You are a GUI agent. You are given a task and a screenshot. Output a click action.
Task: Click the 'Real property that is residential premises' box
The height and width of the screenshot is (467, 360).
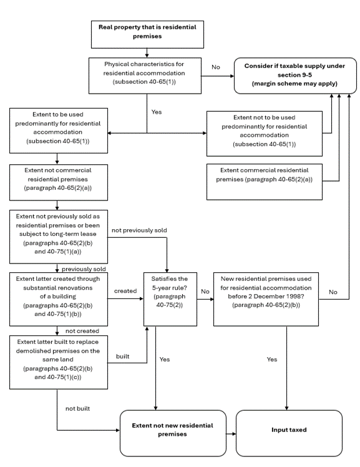[147, 34]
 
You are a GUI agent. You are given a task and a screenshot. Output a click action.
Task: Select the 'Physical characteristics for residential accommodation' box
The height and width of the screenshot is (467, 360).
[145, 76]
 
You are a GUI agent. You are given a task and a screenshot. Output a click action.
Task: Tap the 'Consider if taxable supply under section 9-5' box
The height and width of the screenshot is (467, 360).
[295, 76]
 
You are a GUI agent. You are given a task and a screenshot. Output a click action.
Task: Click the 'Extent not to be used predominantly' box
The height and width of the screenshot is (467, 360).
[264, 134]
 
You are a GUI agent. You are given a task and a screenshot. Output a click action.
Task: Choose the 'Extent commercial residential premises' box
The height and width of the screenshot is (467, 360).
[264, 182]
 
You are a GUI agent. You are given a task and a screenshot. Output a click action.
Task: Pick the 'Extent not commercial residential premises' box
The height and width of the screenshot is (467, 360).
[59, 182]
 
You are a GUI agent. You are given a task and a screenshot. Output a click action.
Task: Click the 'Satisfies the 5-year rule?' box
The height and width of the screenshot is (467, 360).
[170, 299]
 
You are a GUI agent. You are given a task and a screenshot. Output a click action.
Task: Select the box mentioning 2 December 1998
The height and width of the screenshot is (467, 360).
[266, 299]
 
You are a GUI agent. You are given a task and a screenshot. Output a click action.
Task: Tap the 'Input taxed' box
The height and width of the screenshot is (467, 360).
[289, 433]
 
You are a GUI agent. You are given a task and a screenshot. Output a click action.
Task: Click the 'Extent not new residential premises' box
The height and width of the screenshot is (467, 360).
[173, 433]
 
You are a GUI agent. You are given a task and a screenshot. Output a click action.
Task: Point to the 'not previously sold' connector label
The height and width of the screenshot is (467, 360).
[139, 230]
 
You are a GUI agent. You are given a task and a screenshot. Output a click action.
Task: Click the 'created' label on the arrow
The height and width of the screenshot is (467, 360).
[125, 291]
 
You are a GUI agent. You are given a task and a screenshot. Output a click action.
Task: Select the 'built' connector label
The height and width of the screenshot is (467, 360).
[122, 356]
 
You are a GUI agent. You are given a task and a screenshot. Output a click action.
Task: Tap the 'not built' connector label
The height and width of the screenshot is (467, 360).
[77, 408]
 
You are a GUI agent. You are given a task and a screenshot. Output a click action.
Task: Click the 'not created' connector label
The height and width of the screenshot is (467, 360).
[82, 331]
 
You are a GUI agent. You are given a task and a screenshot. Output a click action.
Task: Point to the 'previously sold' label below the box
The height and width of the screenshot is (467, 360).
[84, 269]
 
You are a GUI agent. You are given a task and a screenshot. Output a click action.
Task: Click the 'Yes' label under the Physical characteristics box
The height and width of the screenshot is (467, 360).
[157, 112]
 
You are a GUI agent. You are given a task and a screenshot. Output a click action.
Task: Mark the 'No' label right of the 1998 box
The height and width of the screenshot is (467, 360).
[333, 292]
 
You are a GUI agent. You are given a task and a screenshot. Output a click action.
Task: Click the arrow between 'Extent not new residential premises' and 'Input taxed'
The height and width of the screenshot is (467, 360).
[231, 434]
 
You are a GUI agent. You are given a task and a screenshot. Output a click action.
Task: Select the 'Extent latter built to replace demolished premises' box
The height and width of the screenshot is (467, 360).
[59, 362]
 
